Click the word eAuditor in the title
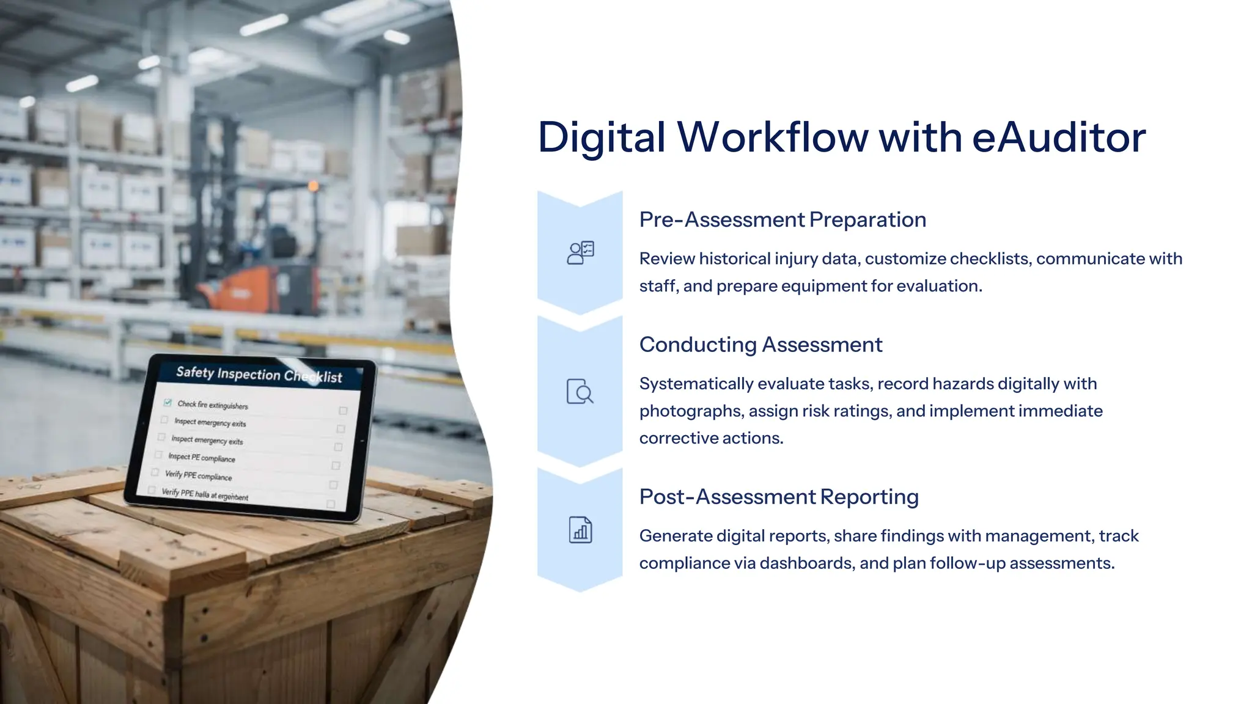[x=1058, y=137]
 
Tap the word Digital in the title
[x=601, y=137]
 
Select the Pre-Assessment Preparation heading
[x=782, y=219]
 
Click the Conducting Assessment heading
[x=760, y=345]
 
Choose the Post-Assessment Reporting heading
[x=779, y=497]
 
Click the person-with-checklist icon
[x=580, y=252]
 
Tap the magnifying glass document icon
[x=580, y=392]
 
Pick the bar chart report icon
[x=580, y=530]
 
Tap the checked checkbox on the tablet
[x=168, y=402]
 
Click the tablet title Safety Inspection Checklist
[x=259, y=374]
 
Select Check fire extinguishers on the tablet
[x=212, y=405]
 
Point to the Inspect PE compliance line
[x=201, y=458]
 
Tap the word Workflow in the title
[x=773, y=137]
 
